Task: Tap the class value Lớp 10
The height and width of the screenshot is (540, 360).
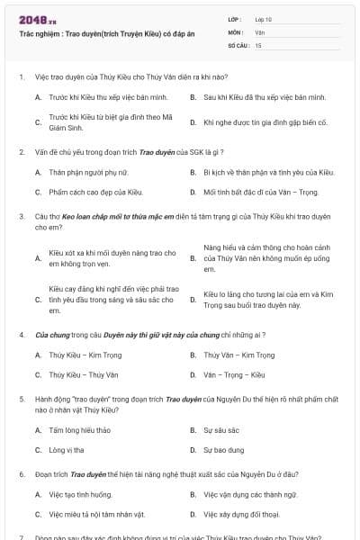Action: coord(263,19)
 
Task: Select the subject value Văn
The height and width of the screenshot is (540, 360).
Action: coord(259,31)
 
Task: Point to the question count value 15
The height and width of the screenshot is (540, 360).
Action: coord(258,44)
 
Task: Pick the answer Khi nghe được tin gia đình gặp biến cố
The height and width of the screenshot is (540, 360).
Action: coord(253,121)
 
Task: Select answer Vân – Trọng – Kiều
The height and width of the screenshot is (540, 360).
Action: coord(233,374)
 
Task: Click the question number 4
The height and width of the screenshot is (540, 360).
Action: coord(21,334)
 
